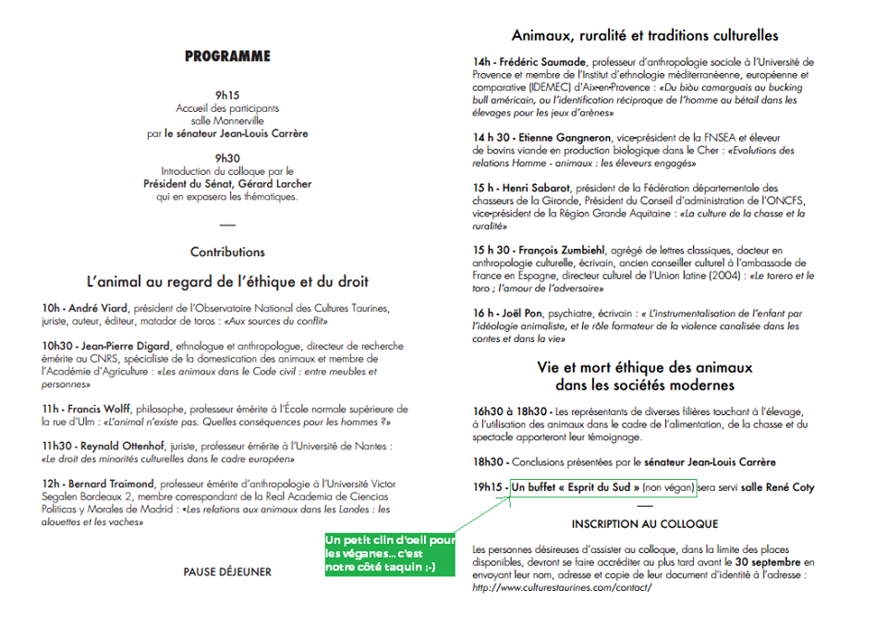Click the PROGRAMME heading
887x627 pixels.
coord(227,56)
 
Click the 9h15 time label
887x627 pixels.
coord(227,95)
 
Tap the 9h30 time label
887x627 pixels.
coord(227,158)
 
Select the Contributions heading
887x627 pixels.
coord(227,252)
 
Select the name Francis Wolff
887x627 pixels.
coord(101,409)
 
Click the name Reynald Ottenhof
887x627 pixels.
coord(124,446)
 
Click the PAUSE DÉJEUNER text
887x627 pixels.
coord(227,572)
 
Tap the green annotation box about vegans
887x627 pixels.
coord(389,553)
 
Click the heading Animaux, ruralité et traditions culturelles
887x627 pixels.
coord(645,36)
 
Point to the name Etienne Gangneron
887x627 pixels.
coord(563,138)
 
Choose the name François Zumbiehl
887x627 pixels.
coord(567,251)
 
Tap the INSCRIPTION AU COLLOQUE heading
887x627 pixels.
coord(645,524)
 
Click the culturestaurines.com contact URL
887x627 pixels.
coord(562,587)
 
